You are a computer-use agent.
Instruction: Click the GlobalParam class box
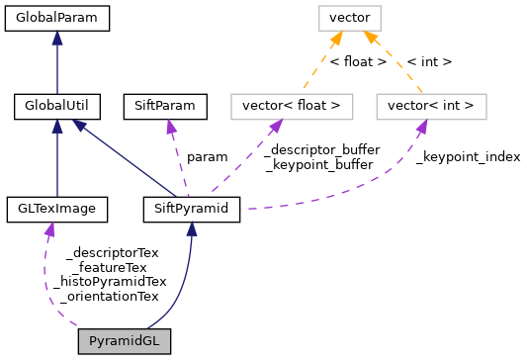click(x=56, y=17)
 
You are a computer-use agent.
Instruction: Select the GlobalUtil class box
click(x=56, y=104)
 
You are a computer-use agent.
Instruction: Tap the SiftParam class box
click(x=165, y=104)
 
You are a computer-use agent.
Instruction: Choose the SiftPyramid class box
click(x=192, y=209)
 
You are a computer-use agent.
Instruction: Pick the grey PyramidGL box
click(x=125, y=341)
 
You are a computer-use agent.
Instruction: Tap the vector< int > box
click(x=431, y=104)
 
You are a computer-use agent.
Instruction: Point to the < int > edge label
click(x=429, y=61)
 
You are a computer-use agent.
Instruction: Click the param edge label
click(x=206, y=156)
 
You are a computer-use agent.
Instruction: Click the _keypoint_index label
click(x=468, y=156)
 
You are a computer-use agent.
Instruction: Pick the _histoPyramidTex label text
click(x=110, y=281)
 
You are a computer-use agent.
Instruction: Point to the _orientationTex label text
click(x=110, y=295)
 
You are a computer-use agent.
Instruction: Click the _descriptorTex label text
click(x=112, y=253)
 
